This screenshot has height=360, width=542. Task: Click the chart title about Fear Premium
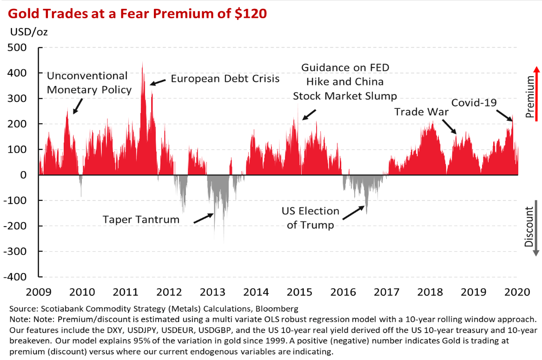coord(138,13)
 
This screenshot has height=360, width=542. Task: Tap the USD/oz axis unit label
coord(28,32)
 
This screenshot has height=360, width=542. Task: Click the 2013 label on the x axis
coord(212,292)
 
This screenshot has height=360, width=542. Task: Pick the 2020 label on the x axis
coord(518,292)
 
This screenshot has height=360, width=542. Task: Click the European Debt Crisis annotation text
coord(225,78)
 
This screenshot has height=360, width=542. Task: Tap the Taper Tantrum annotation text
coord(141,220)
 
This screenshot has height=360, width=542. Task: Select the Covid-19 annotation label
coord(475,103)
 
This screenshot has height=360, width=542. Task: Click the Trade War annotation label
coord(421,112)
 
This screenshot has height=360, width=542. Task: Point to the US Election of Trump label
coord(311,218)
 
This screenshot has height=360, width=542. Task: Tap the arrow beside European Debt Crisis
coord(158,82)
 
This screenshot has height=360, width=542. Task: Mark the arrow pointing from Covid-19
coord(504,116)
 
